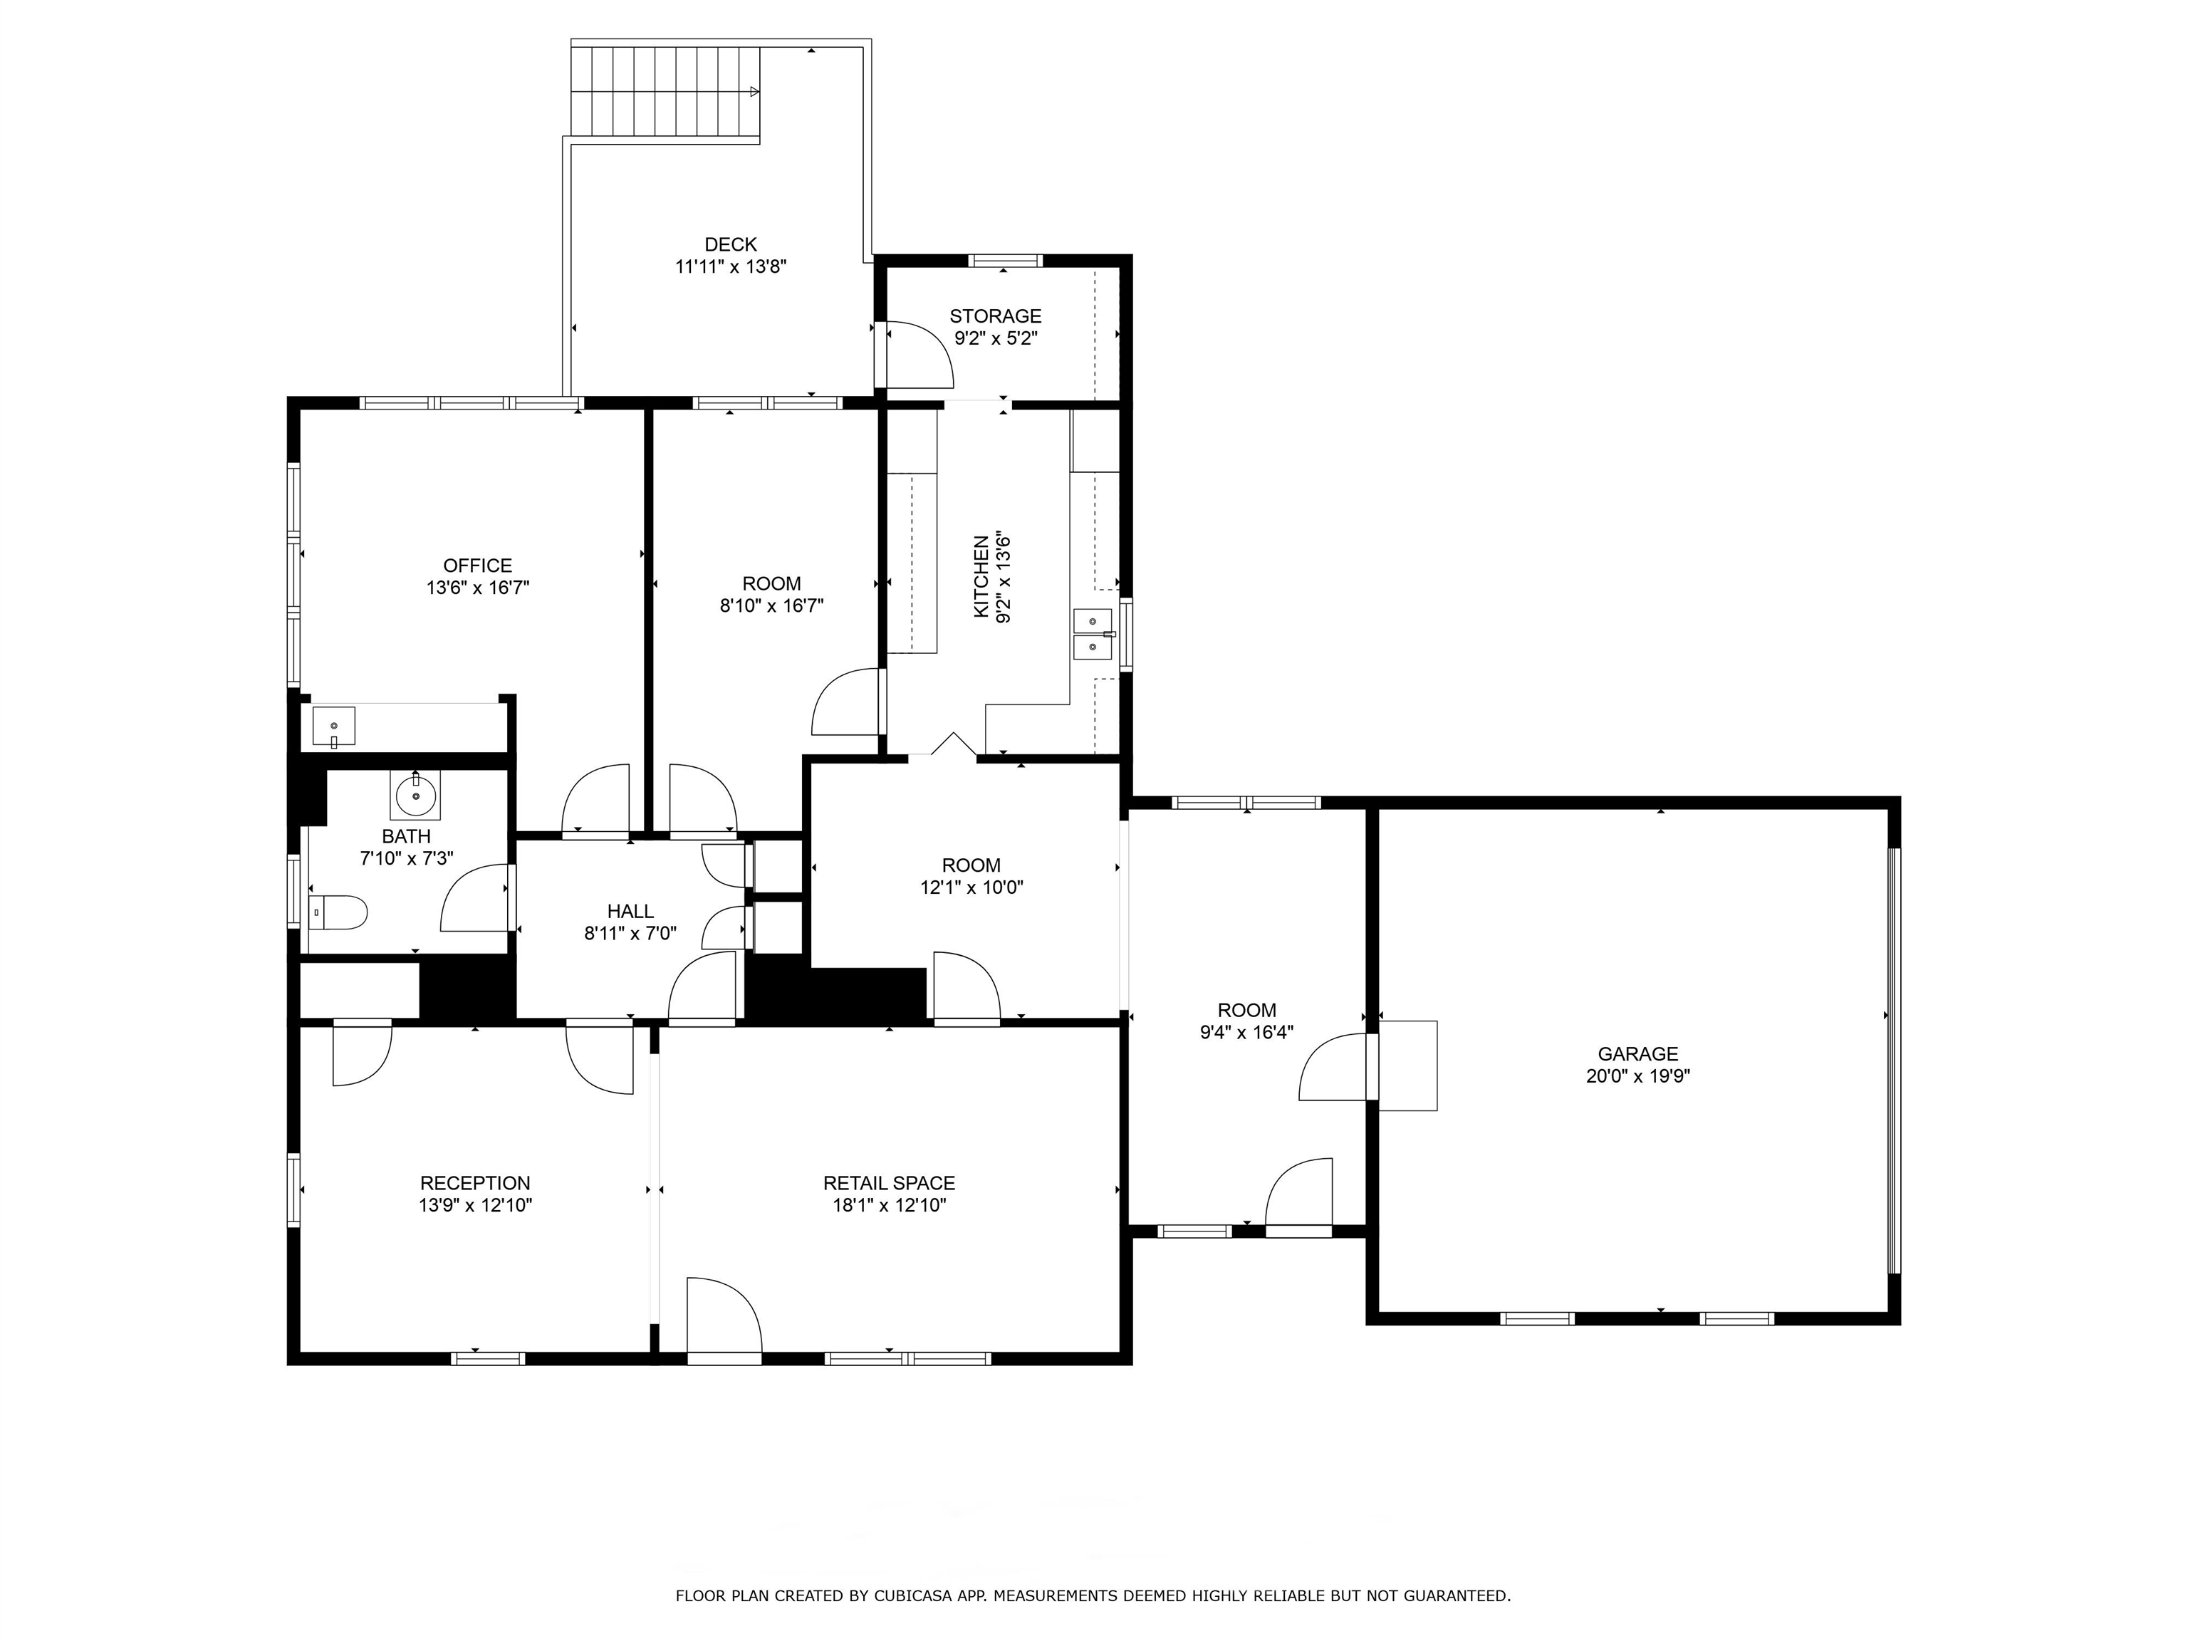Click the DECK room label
coord(730,244)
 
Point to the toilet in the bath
coord(338,911)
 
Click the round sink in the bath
coord(415,794)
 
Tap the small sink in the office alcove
coord(334,726)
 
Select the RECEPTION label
coord(475,1183)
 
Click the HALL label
coord(630,911)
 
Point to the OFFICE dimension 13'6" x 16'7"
coord(478,588)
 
